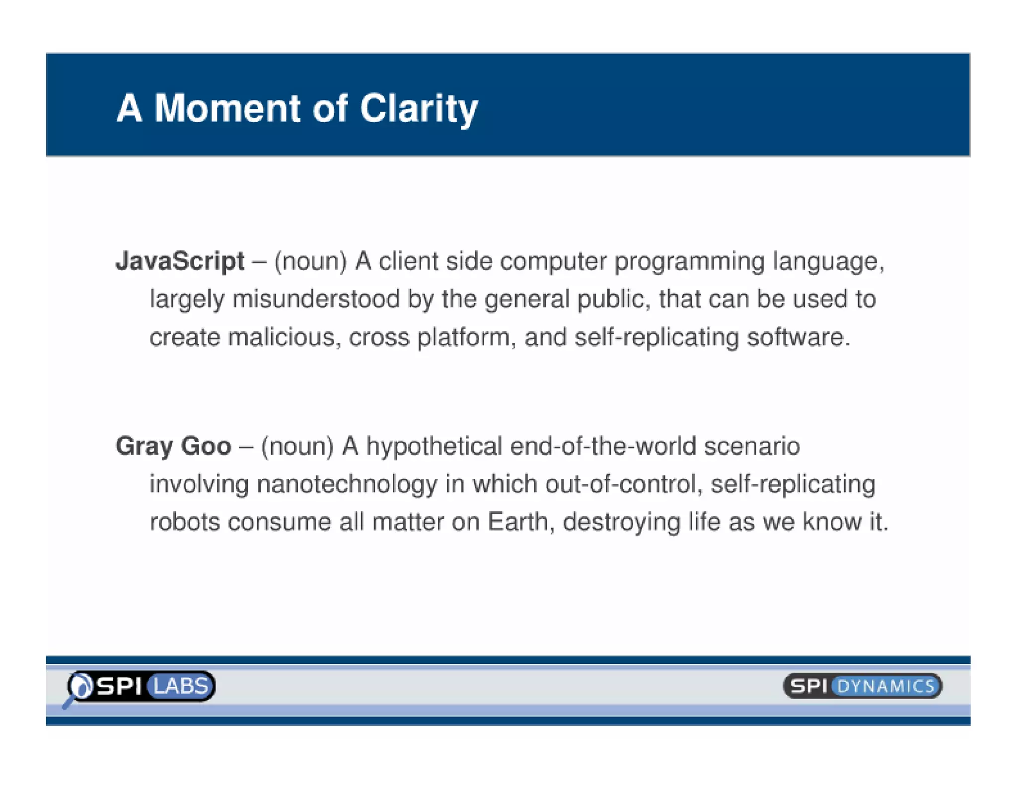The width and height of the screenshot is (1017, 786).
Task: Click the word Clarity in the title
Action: (x=418, y=108)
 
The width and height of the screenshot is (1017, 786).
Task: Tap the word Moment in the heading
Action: (x=227, y=108)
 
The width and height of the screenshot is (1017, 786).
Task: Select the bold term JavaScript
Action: (x=180, y=261)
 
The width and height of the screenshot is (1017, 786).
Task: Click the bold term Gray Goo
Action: (x=173, y=446)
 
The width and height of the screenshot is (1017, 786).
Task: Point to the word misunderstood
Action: (x=316, y=299)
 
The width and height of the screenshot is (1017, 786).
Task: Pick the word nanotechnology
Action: (x=347, y=484)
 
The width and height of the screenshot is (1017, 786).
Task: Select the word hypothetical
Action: (x=434, y=446)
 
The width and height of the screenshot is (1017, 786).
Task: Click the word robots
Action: (x=185, y=522)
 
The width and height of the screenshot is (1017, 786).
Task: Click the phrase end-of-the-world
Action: (x=603, y=446)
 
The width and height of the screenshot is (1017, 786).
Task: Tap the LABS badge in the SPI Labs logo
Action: (x=181, y=686)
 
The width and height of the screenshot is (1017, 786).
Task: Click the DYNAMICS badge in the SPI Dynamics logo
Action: (x=885, y=687)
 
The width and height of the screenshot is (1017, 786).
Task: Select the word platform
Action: (x=463, y=338)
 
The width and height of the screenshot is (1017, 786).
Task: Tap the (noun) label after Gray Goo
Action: (x=297, y=446)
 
